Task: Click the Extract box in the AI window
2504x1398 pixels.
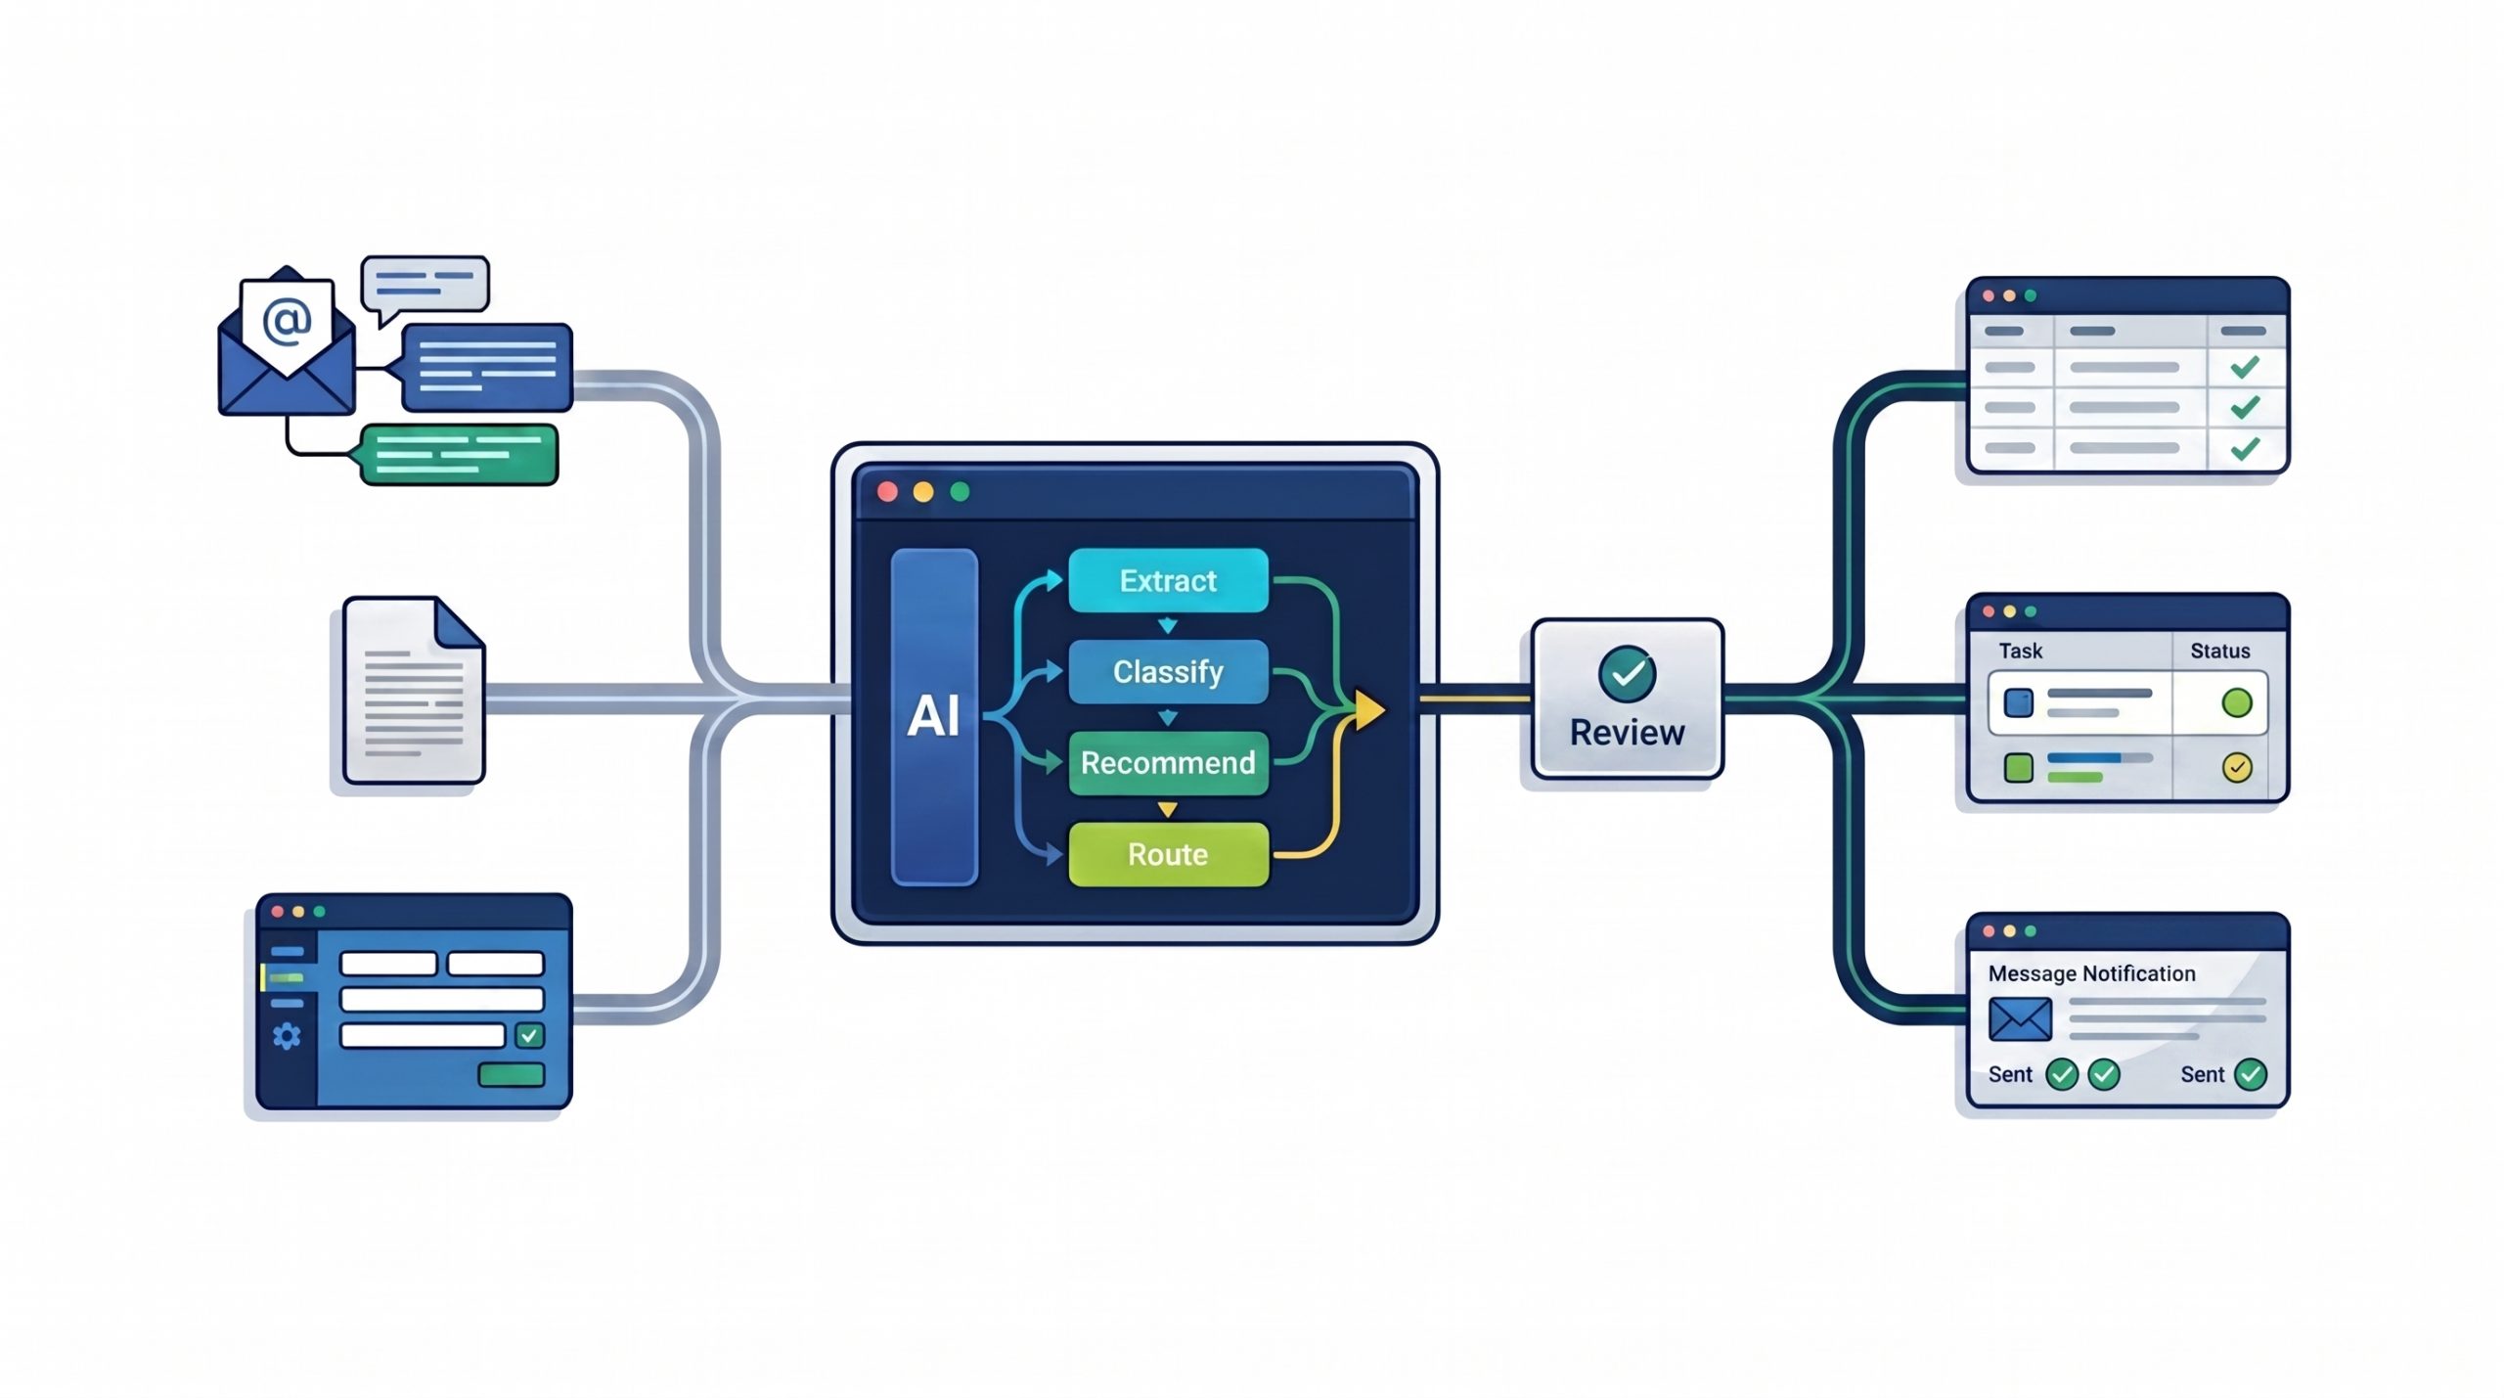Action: point(1168,580)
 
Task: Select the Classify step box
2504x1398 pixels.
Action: point(1168,671)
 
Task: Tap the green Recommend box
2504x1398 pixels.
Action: point(1168,763)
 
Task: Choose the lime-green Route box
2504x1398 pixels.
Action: point(1168,854)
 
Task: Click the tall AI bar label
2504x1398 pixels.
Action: point(934,716)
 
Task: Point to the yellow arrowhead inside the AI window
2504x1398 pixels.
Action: point(1369,709)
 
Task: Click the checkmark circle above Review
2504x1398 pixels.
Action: point(1628,673)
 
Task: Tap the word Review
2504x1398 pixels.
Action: point(1628,732)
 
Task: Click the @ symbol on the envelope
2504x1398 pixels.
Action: point(287,321)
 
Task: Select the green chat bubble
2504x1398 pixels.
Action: point(458,455)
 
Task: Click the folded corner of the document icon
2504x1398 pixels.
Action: point(459,623)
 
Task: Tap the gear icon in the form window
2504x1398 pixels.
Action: point(287,1036)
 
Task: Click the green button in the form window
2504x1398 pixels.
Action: point(511,1075)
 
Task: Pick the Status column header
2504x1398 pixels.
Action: point(2219,651)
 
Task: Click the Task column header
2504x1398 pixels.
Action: point(2020,651)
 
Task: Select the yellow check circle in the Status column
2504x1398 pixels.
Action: point(2237,767)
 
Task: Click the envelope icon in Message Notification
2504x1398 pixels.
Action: point(2020,1019)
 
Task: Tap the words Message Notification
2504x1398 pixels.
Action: point(2091,973)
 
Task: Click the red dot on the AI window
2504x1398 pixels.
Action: point(888,491)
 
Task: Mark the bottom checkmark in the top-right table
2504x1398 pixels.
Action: point(2245,448)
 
